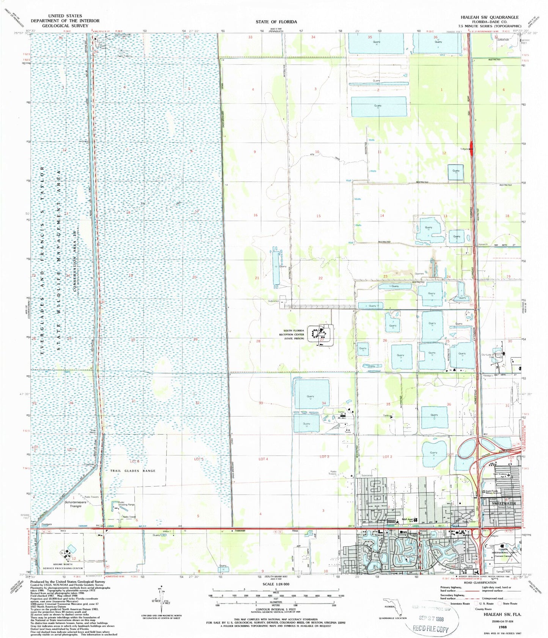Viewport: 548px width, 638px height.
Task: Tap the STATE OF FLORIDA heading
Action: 276,22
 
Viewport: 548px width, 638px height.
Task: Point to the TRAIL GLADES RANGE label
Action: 133,471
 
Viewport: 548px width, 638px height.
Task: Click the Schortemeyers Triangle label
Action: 75,504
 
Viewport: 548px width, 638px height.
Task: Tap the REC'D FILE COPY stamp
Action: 430,630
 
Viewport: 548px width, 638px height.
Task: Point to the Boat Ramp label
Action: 93,431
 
